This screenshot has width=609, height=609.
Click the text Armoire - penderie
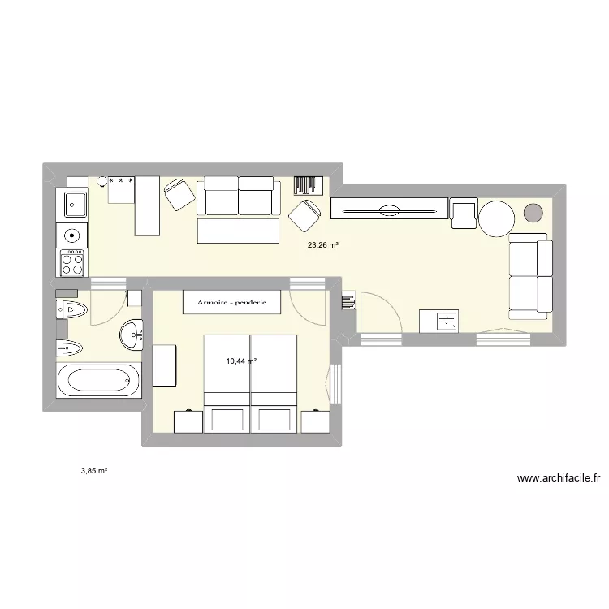click(x=231, y=303)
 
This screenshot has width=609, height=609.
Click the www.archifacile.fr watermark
click(x=558, y=478)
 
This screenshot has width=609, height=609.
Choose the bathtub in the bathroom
click(x=98, y=380)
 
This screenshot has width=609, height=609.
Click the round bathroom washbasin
click(x=132, y=333)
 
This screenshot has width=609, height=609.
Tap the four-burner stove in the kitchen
click(x=72, y=262)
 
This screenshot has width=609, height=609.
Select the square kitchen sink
click(x=72, y=203)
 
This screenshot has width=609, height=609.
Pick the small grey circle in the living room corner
click(x=533, y=214)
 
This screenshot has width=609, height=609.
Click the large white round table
click(x=496, y=217)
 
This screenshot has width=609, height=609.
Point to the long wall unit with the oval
click(x=389, y=208)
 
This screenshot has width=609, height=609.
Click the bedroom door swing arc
click(x=309, y=307)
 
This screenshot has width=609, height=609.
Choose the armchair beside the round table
click(x=464, y=214)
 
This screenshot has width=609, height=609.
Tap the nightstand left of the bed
click(x=188, y=421)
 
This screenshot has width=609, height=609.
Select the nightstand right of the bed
click(x=315, y=421)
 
